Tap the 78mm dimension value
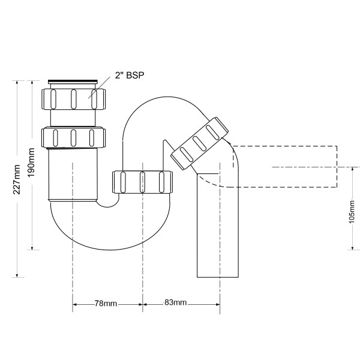pos(107,304)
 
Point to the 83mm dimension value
pos(176,304)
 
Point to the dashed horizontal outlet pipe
pos(288,166)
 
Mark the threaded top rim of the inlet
pos(73,80)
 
